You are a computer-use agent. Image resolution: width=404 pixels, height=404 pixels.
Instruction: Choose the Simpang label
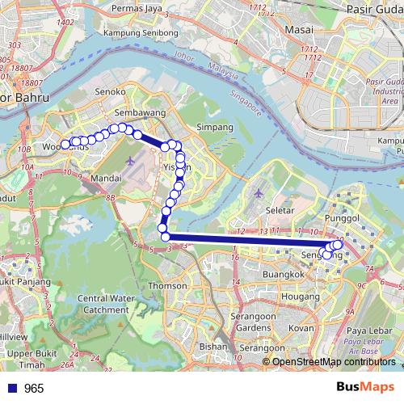[x=216, y=128]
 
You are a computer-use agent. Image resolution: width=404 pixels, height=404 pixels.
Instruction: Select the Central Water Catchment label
[x=102, y=304]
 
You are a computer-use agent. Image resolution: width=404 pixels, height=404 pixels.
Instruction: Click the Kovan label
[x=301, y=329]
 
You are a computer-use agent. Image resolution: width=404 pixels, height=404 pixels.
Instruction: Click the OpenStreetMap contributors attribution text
[x=335, y=361]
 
